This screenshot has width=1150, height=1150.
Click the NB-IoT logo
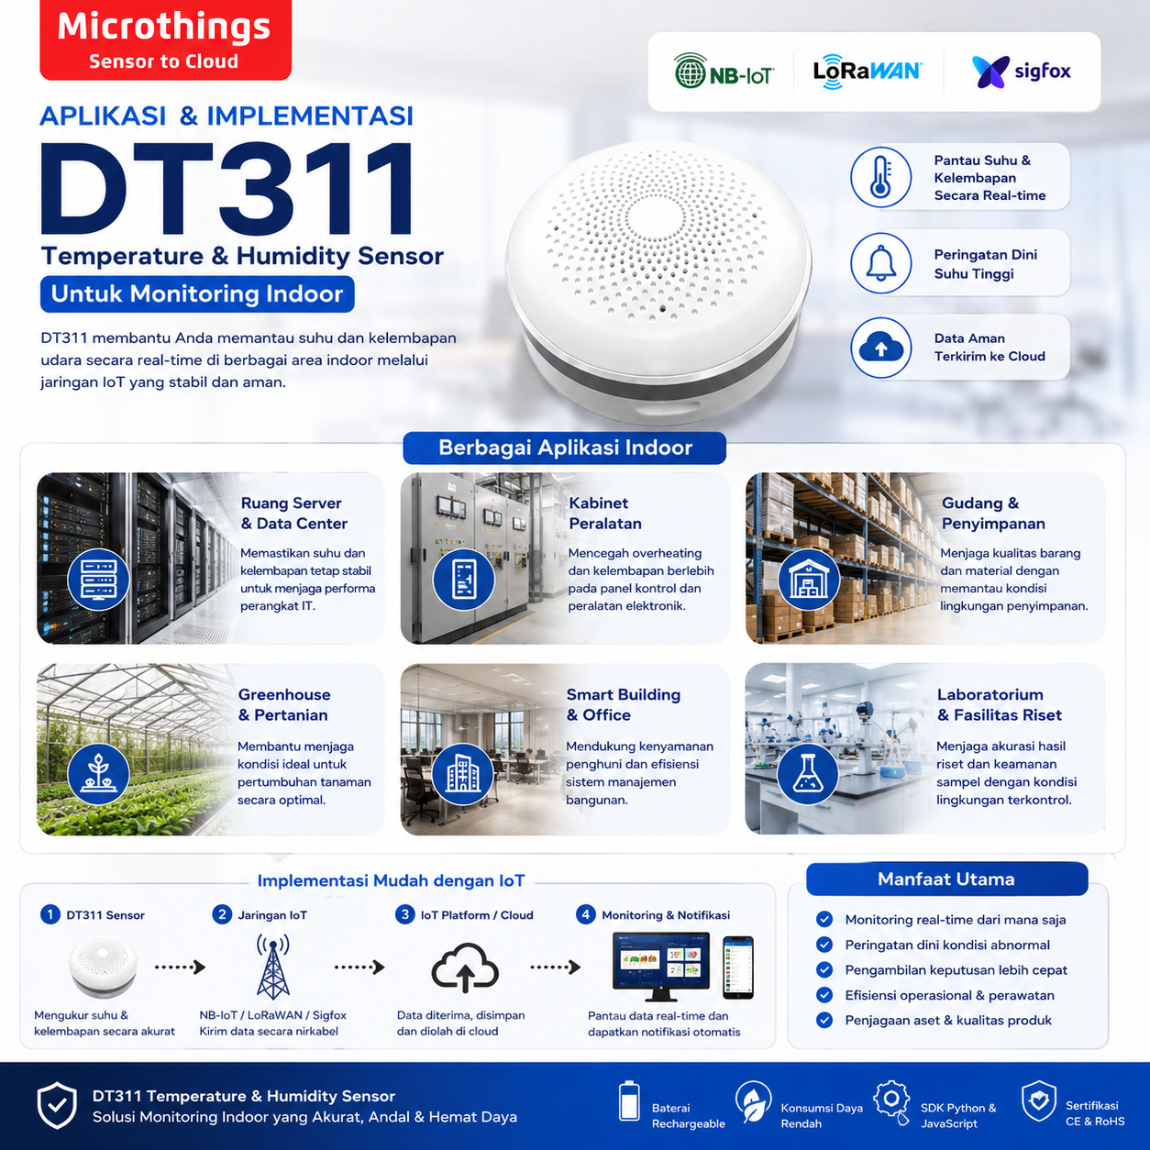pyautogui.click(x=724, y=71)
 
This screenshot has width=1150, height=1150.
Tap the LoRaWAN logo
pyautogui.click(x=868, y=71)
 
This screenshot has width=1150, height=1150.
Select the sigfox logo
pyautogui.click(x=1021, y=72)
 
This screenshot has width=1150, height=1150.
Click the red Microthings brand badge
pyautogui.click(x=165, y=39)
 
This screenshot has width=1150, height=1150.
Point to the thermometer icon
pyautogui.click(x=881, y=177)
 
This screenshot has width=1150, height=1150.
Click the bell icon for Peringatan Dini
pyautogui.click(x=881, y=263)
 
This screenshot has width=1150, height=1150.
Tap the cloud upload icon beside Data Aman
pyautogui.click(x=881, y=348)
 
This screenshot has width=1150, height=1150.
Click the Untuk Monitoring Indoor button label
pyautogui.click(x=197, y=293)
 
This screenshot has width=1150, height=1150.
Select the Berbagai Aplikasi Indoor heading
pyautogui.click(x=565, y=448)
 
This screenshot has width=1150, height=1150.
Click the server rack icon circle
pyautogui.click(x=98, y=580)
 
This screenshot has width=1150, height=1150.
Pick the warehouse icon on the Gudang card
pyautogui.click(x=809, y=580)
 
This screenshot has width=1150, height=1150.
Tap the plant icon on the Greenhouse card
pyautogui.click(x=98, y=774)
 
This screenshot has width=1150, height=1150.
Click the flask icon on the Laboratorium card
pyautogui.click(x=807, y=774)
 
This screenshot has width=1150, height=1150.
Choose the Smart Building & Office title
pyautogui.click(x=623, y=705)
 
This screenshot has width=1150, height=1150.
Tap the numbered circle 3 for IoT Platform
pyautogui.click(x=404, y=915)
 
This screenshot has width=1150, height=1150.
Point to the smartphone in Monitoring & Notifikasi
pyautogui.click(x=738, y=968)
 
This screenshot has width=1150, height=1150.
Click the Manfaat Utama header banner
pyautogui.click(x=947, y=879)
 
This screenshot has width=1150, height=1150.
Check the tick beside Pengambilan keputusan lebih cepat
pyautogui.click(x=824, y=969)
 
